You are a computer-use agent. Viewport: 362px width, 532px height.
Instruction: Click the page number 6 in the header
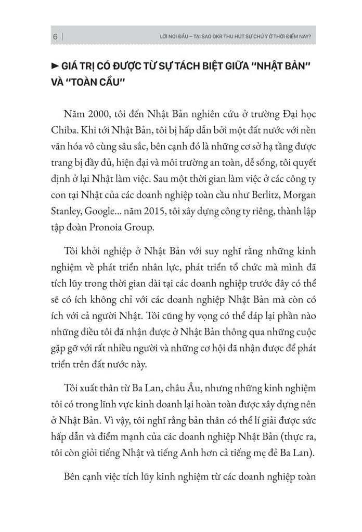(55, 37)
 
